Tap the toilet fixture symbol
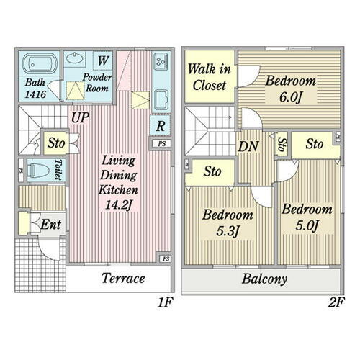[x=38, y=171]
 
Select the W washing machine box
[x=103, y=60]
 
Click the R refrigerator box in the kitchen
[x=161, y=125]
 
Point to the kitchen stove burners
[x=161, y=61]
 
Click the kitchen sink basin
[x=161, y=99]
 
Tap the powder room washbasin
[x=75, y=58]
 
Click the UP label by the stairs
[x=80, y=117]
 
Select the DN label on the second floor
[x=248, y=146]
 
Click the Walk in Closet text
[x=210, y=77]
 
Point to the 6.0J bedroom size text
[x=290, y=97]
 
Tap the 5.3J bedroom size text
[x=228, y=231]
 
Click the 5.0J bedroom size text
[x=307, y=225]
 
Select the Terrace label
[x=123, y=279]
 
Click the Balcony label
[x=264, y=279]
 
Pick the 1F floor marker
[x=165, y=302]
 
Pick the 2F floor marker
[x=336, y=302]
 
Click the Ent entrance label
[x=50, y=225]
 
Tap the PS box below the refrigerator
[x=162, y=143]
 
